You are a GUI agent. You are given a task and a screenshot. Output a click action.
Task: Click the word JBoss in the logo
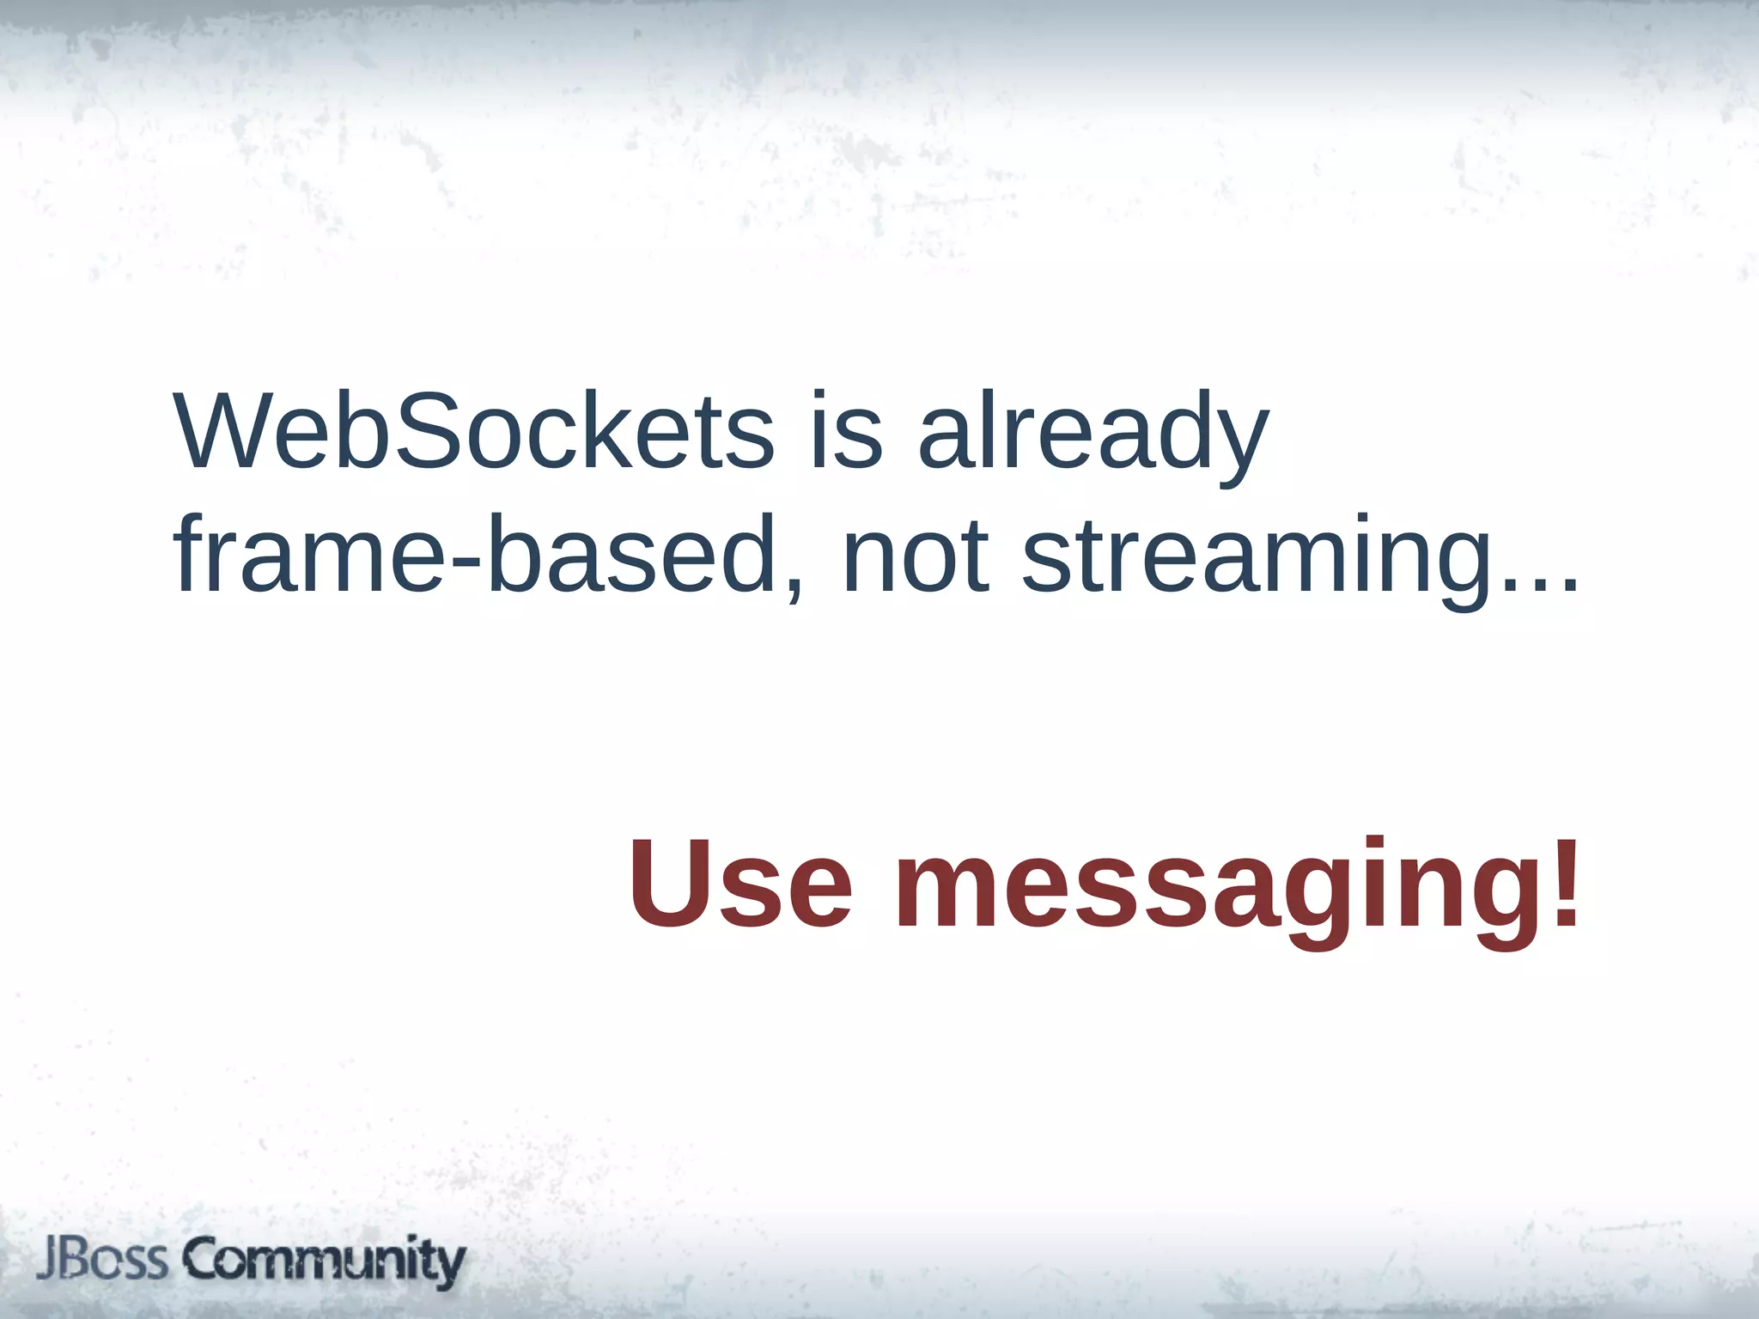tap(102, 1260)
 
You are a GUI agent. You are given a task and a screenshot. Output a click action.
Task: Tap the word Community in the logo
tap(324, 1261)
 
